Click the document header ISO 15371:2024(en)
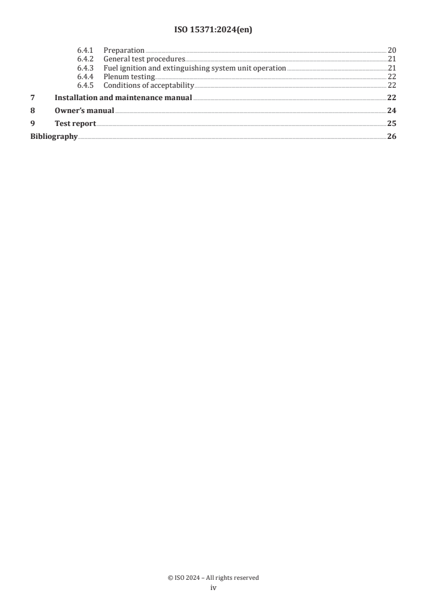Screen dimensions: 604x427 pos(213,30)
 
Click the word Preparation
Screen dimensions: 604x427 pos(124,51)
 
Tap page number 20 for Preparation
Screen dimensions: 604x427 pos(392,50)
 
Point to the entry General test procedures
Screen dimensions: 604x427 pos(144,59)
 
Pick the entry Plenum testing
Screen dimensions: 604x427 pos(129,77)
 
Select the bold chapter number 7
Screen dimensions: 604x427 pos(32,97)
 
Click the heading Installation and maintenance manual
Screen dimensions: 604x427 pos(123,97)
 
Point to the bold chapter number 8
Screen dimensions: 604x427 pos(32,110)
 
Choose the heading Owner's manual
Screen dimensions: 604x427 pos(84,110)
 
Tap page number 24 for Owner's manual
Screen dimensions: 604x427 pos(391,110)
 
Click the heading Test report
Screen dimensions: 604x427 pos(75,123)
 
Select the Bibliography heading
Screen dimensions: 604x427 pos(53,136)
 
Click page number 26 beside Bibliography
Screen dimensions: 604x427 pos(391,136)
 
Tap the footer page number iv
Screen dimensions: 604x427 pos(213,588)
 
